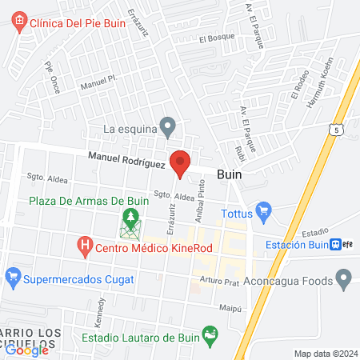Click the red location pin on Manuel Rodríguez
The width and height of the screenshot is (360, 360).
180,162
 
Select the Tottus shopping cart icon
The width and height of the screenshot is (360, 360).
266,213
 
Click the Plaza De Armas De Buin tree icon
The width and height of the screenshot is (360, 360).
130,217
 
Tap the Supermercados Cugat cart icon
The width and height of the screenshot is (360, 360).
12,279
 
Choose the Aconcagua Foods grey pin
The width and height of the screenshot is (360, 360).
345,279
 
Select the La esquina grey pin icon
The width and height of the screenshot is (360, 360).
167,126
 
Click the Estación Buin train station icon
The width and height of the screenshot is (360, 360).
338,246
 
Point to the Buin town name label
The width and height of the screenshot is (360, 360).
230,173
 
